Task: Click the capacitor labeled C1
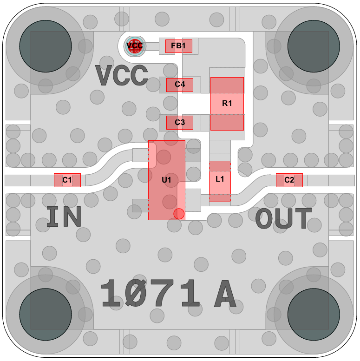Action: tap(67, 180)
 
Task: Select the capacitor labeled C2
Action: tap(289, 180)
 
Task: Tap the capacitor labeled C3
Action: tap(179, 123)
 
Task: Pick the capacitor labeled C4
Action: tap(179, 85)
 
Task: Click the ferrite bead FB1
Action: tap(178, 46)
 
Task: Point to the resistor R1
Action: tap(227, 104)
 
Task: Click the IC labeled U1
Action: tap(166, 180)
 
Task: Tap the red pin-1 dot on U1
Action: tap(179, 214)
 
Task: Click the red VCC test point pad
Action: tap(135, 46)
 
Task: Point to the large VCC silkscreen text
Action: tap(122, 76)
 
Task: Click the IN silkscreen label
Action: tap(64, 217)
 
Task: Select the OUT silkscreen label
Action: tap(284, 219)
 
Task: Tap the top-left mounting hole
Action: tap(45, 46)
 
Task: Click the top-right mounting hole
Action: tap(314, 46)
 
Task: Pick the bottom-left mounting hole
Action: tap(45, 315)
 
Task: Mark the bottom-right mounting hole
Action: tap(314, 315)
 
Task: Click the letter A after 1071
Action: tap(224, 295)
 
